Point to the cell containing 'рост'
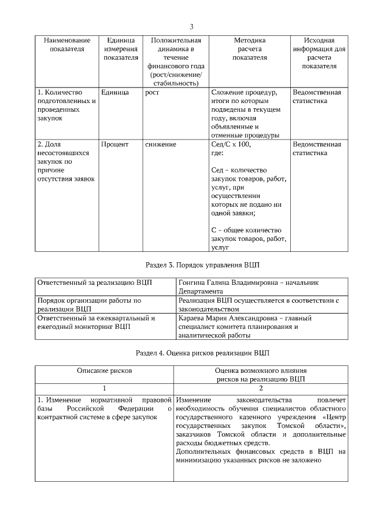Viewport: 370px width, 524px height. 152,93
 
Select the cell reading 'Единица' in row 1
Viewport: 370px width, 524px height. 114,93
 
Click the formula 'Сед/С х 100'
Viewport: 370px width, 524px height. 231,144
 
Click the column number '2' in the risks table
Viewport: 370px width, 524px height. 260,388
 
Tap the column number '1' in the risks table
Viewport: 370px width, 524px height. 105,388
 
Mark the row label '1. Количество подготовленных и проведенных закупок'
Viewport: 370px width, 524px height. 66,105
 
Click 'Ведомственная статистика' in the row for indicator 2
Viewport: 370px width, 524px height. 317,148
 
